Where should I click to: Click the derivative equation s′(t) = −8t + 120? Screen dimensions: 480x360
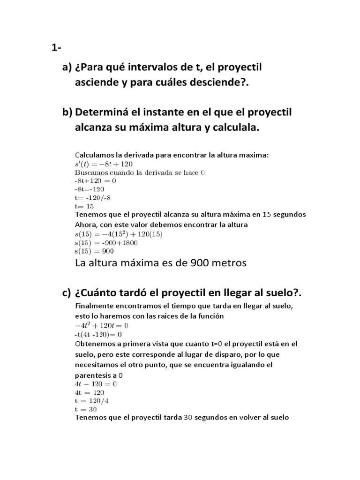104,164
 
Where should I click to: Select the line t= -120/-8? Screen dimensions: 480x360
92,198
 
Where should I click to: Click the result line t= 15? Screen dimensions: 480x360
84,206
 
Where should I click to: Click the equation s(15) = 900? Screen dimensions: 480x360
97,251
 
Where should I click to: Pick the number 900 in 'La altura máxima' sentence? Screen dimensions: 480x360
199,263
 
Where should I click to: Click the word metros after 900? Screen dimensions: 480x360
229,263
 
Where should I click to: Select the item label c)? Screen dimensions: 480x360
67,293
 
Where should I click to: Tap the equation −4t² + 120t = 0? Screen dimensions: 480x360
102,325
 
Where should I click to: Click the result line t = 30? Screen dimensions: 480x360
86,409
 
